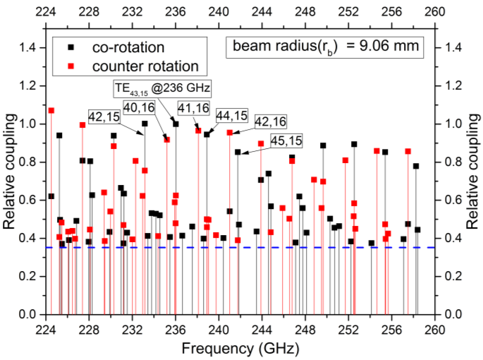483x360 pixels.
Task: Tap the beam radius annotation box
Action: [x=324, y=47]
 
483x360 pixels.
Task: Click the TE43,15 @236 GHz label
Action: [x=163, y=88]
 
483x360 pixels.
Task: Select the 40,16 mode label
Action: [x=138, y=107]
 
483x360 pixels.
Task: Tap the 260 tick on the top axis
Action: [x=435, y=11]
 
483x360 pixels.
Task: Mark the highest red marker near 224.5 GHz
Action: [x=51, y=110]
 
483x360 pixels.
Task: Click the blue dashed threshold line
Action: [x=282, y=248]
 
